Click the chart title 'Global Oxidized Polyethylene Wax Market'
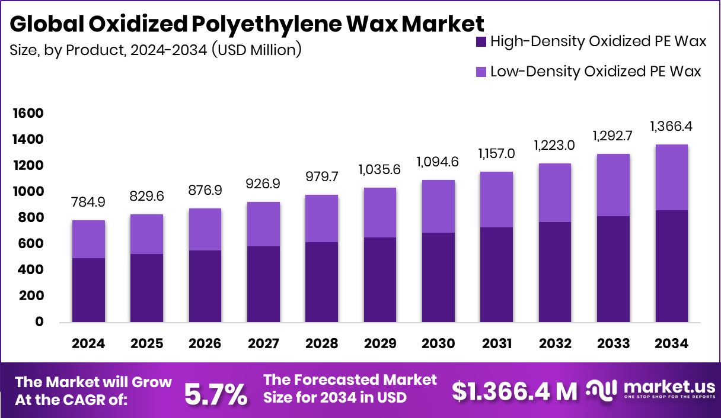tap(247, 24)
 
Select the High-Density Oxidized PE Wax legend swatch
tap(481, 41)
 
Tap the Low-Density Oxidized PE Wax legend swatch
tap(481, 72)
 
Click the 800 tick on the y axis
tap(30, 218)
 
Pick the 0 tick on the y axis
tap(39, 322)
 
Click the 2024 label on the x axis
tap(88, 344)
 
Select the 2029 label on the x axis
tap(380, 344)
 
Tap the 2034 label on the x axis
tap(672, 344)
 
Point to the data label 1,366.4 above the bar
tap(672, 126)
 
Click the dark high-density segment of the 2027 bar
tap(263, 284)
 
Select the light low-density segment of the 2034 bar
tap(672, 178)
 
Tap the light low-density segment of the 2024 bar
tap(88, 239)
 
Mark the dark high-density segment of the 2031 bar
tap(497, 275)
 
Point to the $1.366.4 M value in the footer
tap(515, 391)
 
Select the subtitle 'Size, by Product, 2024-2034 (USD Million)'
tap(156, 50)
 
